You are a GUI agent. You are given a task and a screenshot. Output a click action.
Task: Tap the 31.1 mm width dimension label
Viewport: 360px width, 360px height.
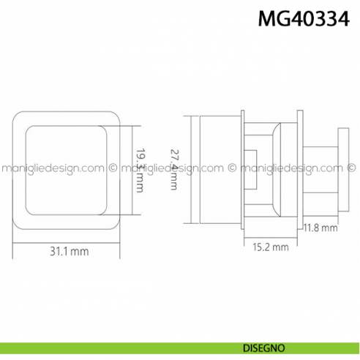tap(69, 251)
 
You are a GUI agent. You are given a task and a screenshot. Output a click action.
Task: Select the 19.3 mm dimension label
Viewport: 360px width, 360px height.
tap(140, 170)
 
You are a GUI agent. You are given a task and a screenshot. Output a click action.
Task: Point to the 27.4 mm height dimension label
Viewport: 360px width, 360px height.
tap(173, 170)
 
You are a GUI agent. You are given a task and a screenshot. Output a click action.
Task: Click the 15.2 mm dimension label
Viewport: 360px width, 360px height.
tap(270, 247)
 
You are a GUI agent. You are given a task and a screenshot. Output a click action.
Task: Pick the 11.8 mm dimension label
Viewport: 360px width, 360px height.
tap(320, 228)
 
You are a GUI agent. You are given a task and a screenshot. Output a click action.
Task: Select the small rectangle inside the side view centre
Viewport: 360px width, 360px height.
tap(250, 162)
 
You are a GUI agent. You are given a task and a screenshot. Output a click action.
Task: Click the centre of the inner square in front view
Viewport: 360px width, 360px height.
tap(68, 170)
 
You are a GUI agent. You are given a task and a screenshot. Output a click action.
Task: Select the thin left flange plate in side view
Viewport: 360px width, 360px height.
tap(242, 170)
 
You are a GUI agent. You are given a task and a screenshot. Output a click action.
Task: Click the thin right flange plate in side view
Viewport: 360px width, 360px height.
tap(299, 170)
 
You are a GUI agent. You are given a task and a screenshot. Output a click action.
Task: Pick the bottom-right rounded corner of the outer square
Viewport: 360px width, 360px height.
tap(116, 223)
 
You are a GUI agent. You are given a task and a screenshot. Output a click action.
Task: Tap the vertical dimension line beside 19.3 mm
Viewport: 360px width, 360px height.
tap(132, 170)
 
